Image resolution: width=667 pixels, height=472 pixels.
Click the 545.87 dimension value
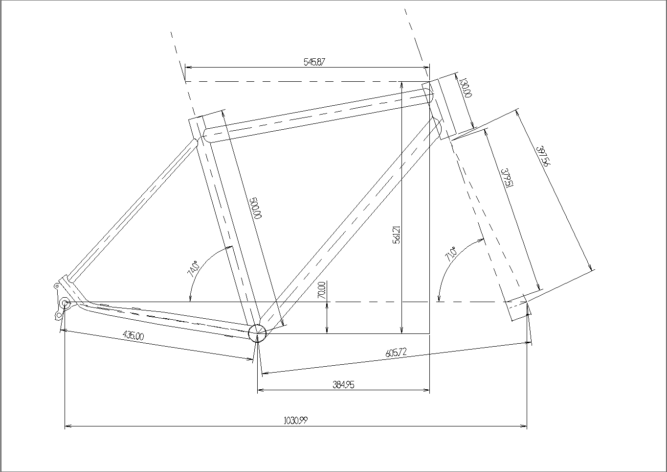click(x=314, y=62)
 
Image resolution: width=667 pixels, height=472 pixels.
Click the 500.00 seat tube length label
click(x=257, y=208)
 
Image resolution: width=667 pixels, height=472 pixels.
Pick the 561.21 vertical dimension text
click(x=397, y=235)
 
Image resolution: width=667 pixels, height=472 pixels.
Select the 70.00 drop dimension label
click(x=322, y=290)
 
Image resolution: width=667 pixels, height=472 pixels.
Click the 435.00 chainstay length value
click(x=133, y=336)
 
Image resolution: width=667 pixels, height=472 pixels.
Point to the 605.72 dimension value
click(x=396, y=353)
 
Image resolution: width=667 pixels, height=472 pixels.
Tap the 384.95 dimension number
click(x=343, y=385)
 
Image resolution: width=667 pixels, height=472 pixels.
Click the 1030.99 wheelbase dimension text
click(x=295, y=421)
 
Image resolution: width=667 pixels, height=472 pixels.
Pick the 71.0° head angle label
click(x=450, y=254)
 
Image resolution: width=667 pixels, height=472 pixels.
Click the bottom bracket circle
click(x=257, y=333)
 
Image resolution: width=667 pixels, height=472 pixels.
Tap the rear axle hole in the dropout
click(x=65, y=303)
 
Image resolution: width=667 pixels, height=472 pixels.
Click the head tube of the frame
click(x=440, y=106)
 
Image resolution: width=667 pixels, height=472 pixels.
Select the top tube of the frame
click(x=318, y=115)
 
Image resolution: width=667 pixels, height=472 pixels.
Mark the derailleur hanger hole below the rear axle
click(x=59, y=315)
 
